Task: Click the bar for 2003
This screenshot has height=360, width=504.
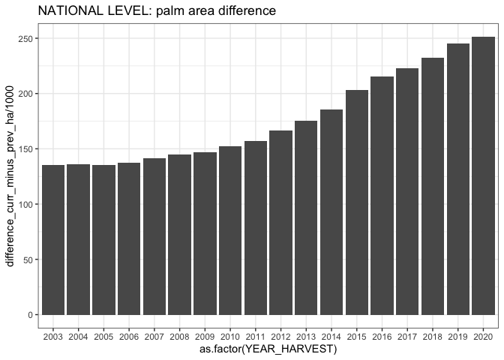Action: pyautogui.click(x=52, y=240)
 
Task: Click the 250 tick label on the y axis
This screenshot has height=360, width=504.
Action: pyautogui.click(x=25, y=39)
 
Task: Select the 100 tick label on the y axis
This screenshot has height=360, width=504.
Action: pyautogui.click(x=25, y=205)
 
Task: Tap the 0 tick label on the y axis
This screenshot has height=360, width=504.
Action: pyautogui.click(x=29, y=315)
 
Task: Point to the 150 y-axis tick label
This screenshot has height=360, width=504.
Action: pyautogui.click(x=25, y=149)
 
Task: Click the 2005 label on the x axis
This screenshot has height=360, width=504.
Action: pyautogui.click(x=103, y=336)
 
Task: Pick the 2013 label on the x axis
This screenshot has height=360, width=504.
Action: pyautogui.click(x=306, y=336)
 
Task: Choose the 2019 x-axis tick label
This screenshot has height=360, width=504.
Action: pyautogui.click(x=457, y=336)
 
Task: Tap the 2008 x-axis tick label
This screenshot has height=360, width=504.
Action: pyautogui.click(x=179, y=336)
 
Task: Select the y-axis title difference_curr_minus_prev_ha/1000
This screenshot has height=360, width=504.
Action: pyautogui.click(x=10, y=174)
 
